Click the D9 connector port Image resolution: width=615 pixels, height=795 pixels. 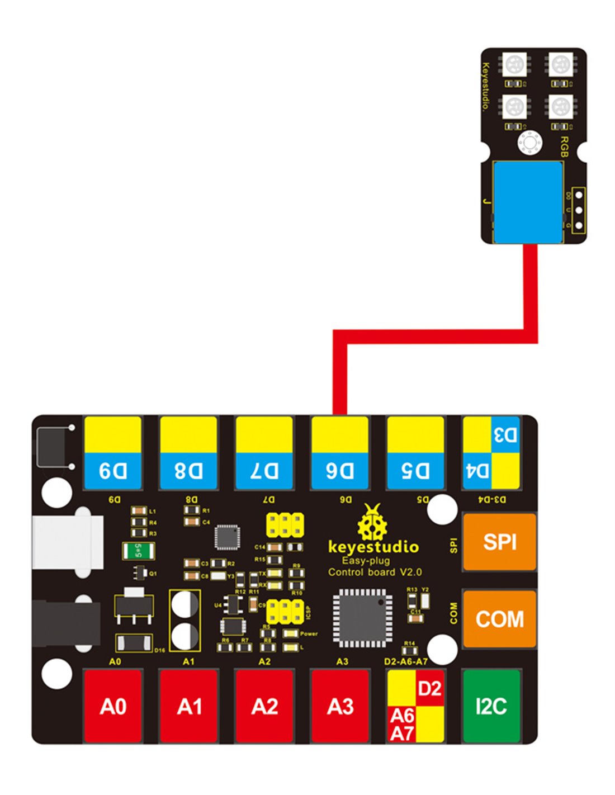(x=112, y=453)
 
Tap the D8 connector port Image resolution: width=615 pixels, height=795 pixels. (x=188, y=453)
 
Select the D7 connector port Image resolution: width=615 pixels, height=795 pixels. (x=264, y=453)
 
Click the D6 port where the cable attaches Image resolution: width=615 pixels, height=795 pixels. (x=340, y=453)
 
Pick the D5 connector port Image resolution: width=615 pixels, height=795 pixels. (x=415, y=453)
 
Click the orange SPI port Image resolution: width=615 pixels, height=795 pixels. (x=499, y=542)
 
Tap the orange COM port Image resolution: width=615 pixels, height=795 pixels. (x=499, y=618)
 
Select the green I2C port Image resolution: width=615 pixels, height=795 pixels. (x=491, y=706)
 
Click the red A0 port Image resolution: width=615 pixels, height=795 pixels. (x=112, y=706)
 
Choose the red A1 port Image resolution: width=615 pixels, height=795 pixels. (x=188, y=706)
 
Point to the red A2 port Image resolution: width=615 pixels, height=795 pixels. (x=264, y=706)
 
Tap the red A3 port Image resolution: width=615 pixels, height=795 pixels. (x=340, y=706)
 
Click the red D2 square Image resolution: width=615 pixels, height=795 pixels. (x=430, y=688)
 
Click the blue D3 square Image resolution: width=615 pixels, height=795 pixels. (x=505, y=435)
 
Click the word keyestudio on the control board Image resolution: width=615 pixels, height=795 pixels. (x=373, y=546)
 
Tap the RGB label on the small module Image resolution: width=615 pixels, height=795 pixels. (x=564, y=146)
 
